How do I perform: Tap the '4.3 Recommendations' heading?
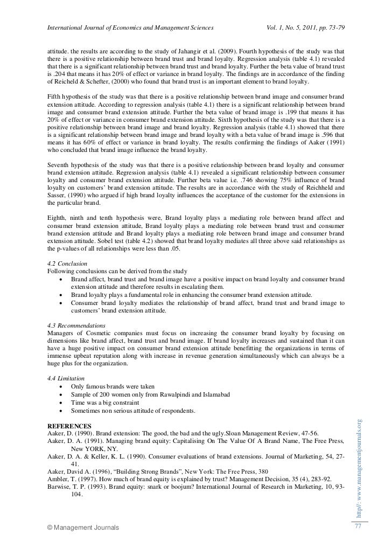tap(76, 326)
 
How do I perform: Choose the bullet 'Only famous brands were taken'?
tap(113, 387)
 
